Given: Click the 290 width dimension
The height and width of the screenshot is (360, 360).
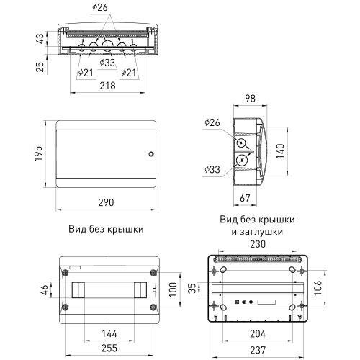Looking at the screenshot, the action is coord(106,202).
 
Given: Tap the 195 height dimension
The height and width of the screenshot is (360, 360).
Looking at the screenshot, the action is coord(38,153).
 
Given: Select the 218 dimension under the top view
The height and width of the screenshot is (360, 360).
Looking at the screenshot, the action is coord(107,86).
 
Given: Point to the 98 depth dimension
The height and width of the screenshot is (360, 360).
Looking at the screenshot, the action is coord(250,99).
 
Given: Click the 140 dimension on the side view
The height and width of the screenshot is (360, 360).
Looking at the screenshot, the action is coord(280,151).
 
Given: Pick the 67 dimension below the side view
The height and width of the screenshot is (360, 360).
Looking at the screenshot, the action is coord(245,198).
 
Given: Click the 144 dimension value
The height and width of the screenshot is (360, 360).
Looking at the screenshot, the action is coord(109,333).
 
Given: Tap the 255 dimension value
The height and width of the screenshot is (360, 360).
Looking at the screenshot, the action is coord(109,348).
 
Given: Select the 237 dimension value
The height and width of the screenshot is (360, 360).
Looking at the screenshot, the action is coord(258,350).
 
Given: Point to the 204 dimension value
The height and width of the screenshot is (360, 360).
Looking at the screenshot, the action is coord(258,333).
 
